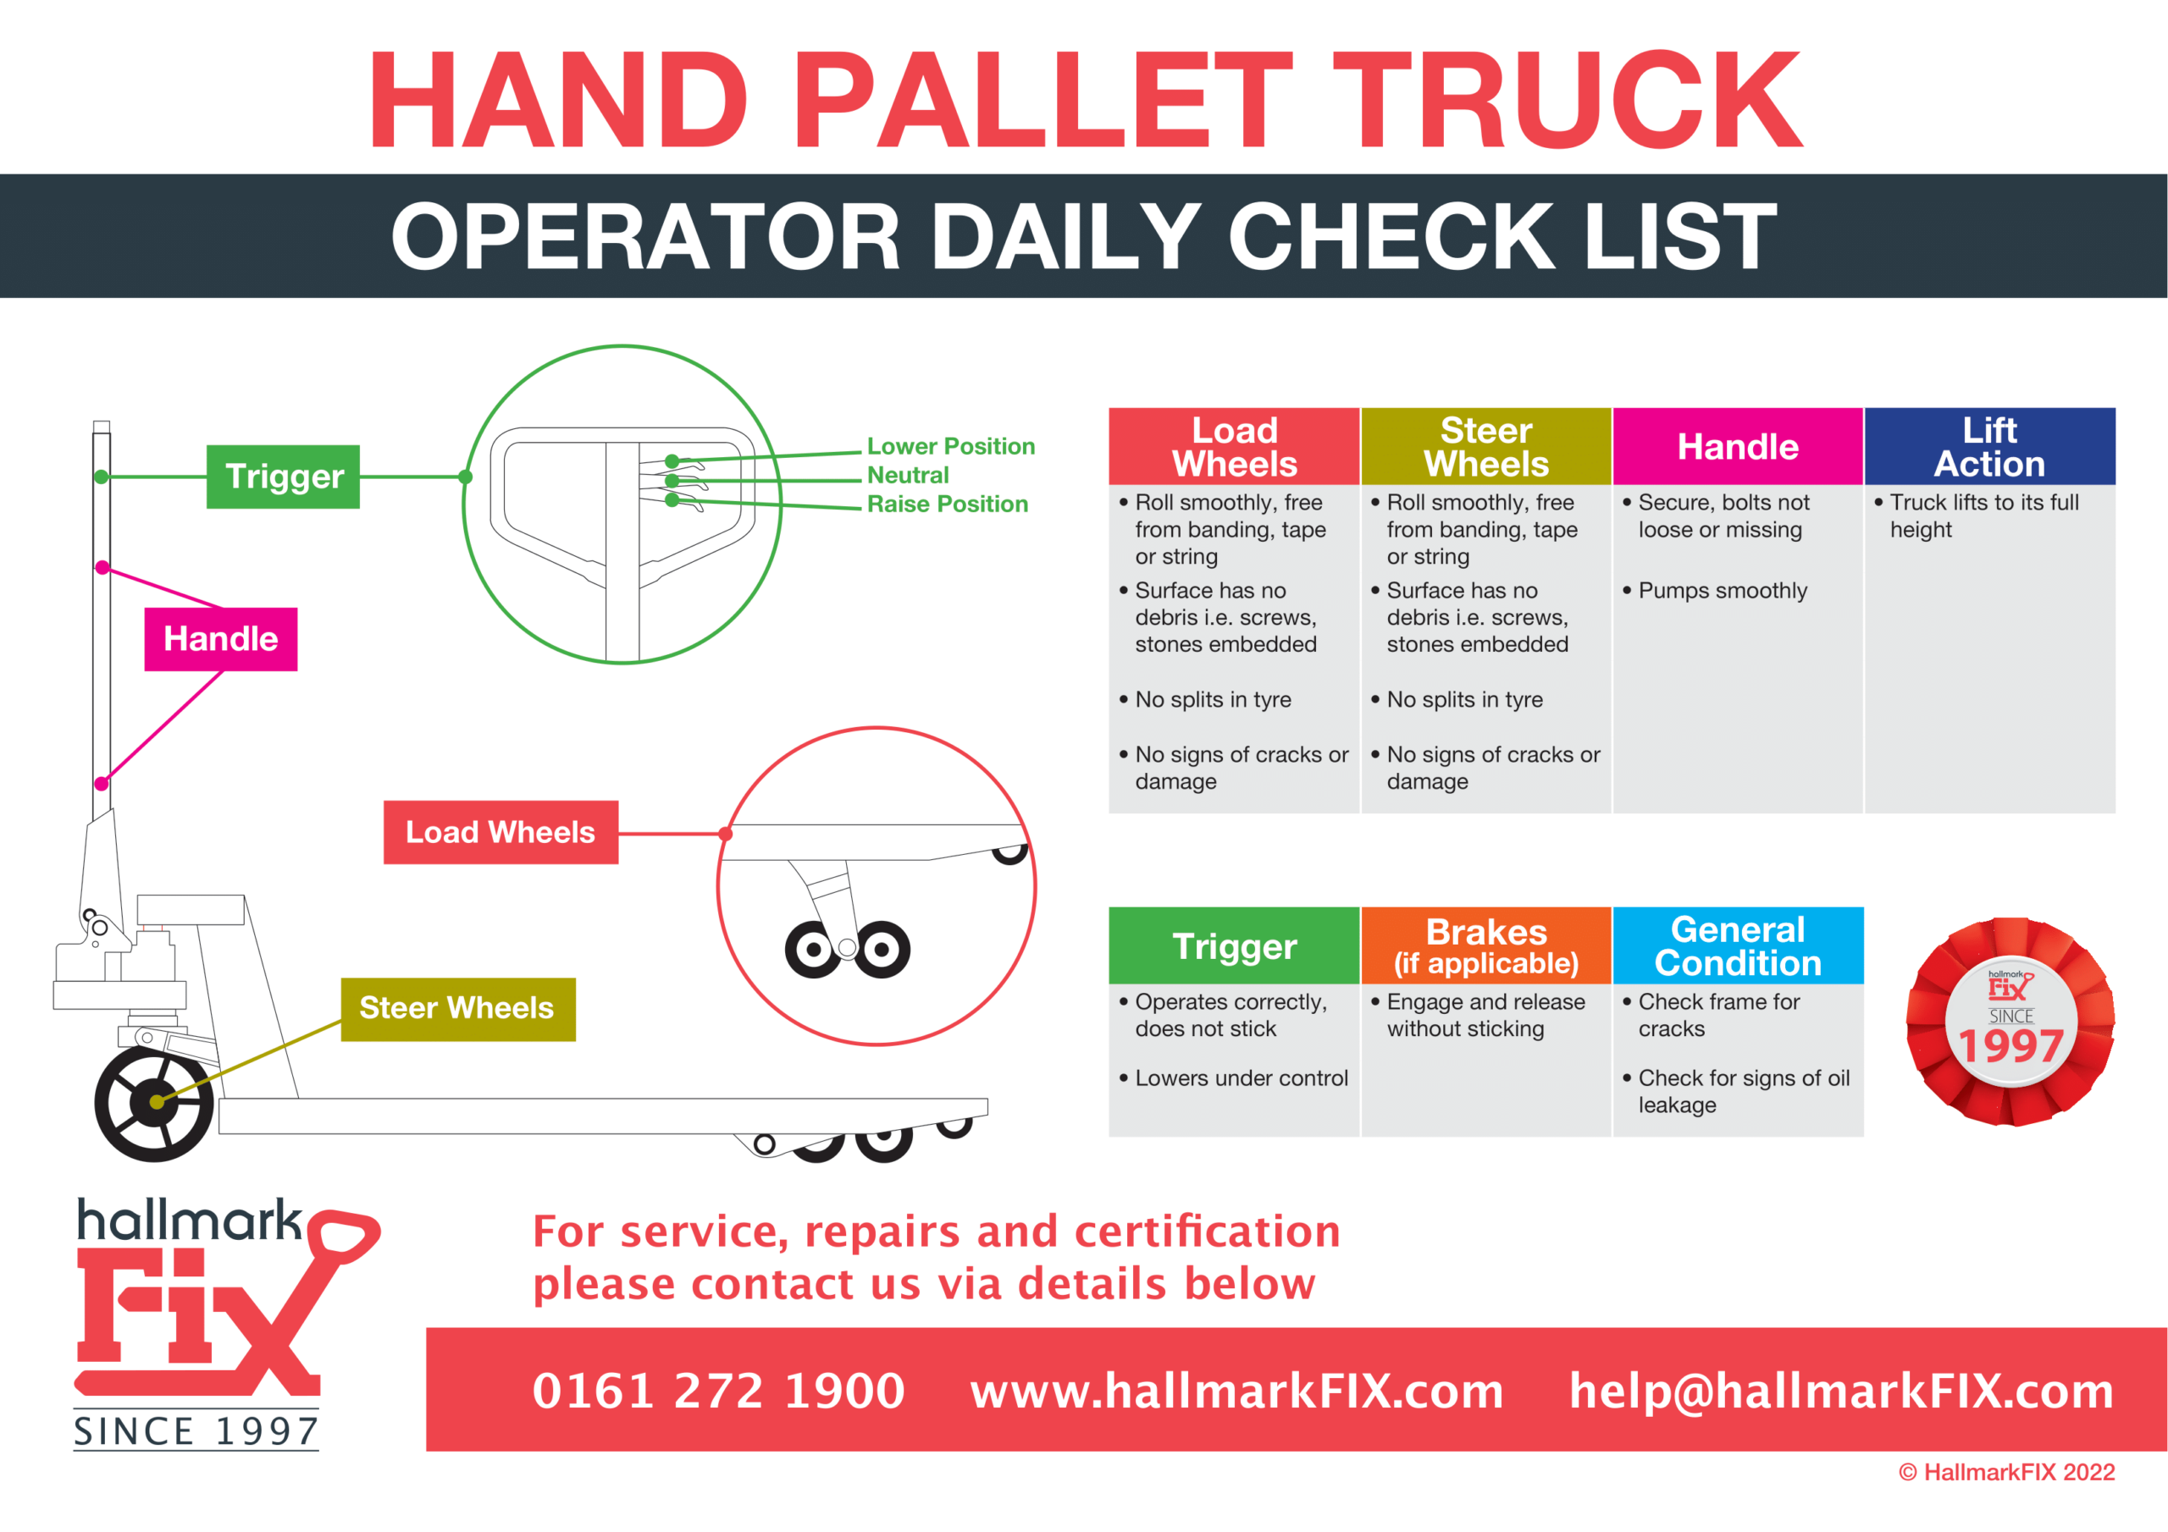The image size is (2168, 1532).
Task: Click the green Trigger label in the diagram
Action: point(283,477)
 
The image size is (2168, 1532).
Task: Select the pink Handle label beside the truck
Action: point(221,639)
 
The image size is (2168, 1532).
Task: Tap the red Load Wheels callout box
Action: point(501,833)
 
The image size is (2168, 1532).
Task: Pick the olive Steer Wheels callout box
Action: point(458,1009)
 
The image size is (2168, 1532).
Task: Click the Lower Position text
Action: point(951,446)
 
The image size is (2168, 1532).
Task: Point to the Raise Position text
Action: point(947,504)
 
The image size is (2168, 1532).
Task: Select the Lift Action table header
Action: point(1989,446)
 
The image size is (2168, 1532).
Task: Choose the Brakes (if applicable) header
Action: point(1486,945)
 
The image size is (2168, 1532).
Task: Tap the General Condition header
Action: point(1738,945)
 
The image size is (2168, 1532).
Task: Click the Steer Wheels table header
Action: point(1486,446)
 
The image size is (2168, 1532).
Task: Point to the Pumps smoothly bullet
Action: point(1723,591)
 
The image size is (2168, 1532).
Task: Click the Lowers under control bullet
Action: point(1241,1078)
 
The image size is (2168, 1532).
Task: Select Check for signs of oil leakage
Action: point(1742,1091)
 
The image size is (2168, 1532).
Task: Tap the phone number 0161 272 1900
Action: point(719,1391)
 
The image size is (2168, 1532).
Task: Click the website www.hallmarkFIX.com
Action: point(1237,1391)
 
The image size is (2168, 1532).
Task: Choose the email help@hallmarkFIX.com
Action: point(1841,1391)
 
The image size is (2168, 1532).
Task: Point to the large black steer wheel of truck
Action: point(153,1104)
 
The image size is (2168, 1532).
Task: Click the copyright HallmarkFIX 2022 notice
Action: point(2006,1473)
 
